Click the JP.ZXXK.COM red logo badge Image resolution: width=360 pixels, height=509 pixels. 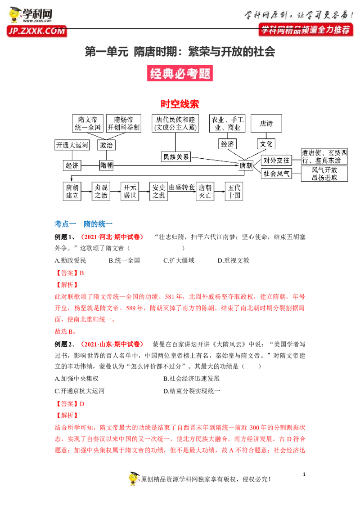tap(37, 31)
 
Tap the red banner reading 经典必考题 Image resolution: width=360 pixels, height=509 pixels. tap(180, 73)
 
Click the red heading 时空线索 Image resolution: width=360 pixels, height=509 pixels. tap(180, 104)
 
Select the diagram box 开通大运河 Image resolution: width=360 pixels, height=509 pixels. tap(72, 145)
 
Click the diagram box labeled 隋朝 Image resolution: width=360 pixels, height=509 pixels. tap(106, 165)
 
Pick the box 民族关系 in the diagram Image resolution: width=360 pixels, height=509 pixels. tap(176, 157)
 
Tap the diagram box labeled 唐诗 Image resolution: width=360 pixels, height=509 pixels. tap(266, 123)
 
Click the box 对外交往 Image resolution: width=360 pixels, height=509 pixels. tap(276, 161)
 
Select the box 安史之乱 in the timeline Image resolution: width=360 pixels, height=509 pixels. tap(158, 192)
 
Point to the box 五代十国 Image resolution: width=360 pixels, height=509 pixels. tap(234, 192)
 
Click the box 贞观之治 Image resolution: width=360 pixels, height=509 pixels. tap(101, 192)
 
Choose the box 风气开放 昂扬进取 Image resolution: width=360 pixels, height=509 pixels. tap(324, 174)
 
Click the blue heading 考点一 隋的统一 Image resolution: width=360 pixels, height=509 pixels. tap(84, 223)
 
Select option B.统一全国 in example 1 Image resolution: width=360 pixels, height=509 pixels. tap(124, 260)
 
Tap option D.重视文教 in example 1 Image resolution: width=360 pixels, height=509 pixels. tap(233, 260)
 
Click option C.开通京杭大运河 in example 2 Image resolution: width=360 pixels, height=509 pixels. tap(80, 391)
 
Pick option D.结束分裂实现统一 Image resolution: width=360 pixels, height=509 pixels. tap(192, 391)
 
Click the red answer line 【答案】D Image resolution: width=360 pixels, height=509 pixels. tap(70, 404)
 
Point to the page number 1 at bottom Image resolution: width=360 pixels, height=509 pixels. tap(304, 474)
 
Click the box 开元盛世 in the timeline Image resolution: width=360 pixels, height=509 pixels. tap(130, 192)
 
